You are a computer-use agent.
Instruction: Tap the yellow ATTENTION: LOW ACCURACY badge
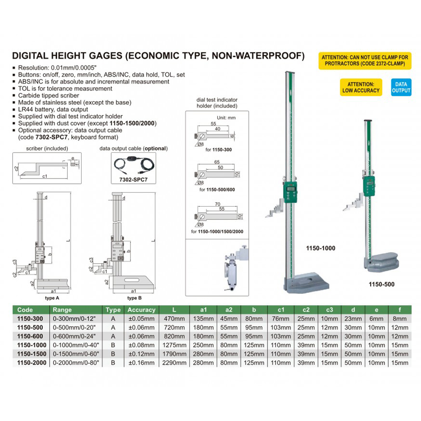tap(361, 87)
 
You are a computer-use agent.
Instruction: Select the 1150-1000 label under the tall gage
tap(321, 248)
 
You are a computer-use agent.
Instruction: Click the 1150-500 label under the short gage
tap(381, 284)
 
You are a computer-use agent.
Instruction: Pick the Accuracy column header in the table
tap(141, 310)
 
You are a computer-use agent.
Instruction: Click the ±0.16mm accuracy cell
tap(141, 362)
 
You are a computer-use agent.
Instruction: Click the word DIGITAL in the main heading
tap(32, 56)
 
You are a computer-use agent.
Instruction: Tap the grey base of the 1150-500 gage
tap(381, 261)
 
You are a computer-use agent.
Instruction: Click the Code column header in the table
tap(25, 310)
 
